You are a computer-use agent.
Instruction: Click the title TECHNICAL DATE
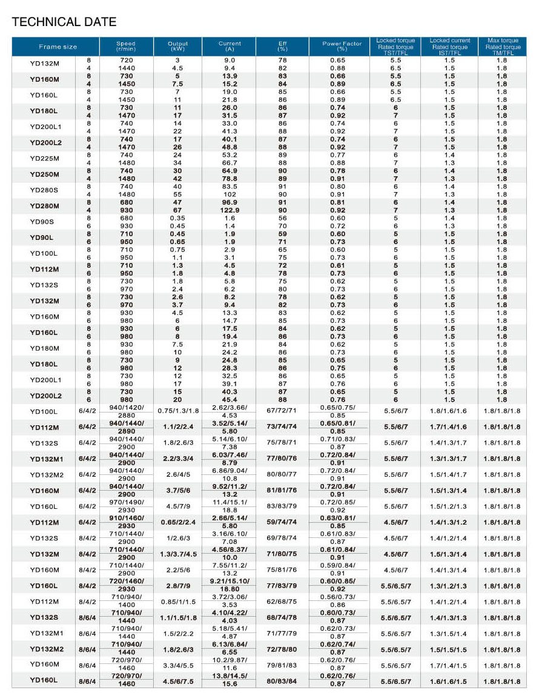[x=64, y=22]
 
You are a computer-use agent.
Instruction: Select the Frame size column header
[x=58, y=47]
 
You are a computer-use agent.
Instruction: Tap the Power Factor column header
[x=342, y=47]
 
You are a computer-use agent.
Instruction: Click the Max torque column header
[x=502, y=47]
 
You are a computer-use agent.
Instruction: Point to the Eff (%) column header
[x=282, y=47]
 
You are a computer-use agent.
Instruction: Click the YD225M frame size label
[x=45, y=159]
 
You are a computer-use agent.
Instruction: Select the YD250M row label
[x=45, y=174]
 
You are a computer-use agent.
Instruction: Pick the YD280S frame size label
[x=45, y=190]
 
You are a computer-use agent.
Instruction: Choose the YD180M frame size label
[x=45, y=348]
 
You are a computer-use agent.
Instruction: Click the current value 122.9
[x=230, y=210]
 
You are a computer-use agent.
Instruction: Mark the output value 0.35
[x=177, y=218]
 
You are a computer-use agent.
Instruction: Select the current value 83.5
[x=230, y=187]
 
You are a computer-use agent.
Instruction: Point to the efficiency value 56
[x=282, y=218]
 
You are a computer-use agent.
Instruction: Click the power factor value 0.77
[x=338, y=155]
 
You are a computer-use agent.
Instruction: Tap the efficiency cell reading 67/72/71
[x=282, y=411]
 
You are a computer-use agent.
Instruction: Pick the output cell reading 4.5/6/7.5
[x=177, y=681]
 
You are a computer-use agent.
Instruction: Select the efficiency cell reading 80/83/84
[x=282, y=681]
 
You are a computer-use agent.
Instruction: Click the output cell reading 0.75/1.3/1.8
[x=177, y=411]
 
